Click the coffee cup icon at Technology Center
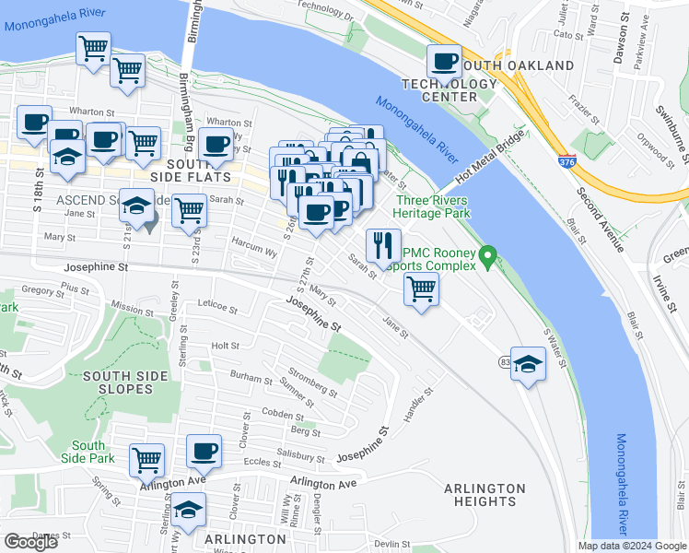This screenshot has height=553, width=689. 444,62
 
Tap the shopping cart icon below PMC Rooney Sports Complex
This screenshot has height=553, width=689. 421,288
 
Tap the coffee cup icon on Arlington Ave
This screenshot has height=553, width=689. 204,452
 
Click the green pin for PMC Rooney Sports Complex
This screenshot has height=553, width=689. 490,253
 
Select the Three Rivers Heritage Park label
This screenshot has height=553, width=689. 431,206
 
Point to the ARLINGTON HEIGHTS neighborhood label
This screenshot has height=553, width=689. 484,495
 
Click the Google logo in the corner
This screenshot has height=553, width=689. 31,542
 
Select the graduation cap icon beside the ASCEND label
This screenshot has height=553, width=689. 136,206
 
